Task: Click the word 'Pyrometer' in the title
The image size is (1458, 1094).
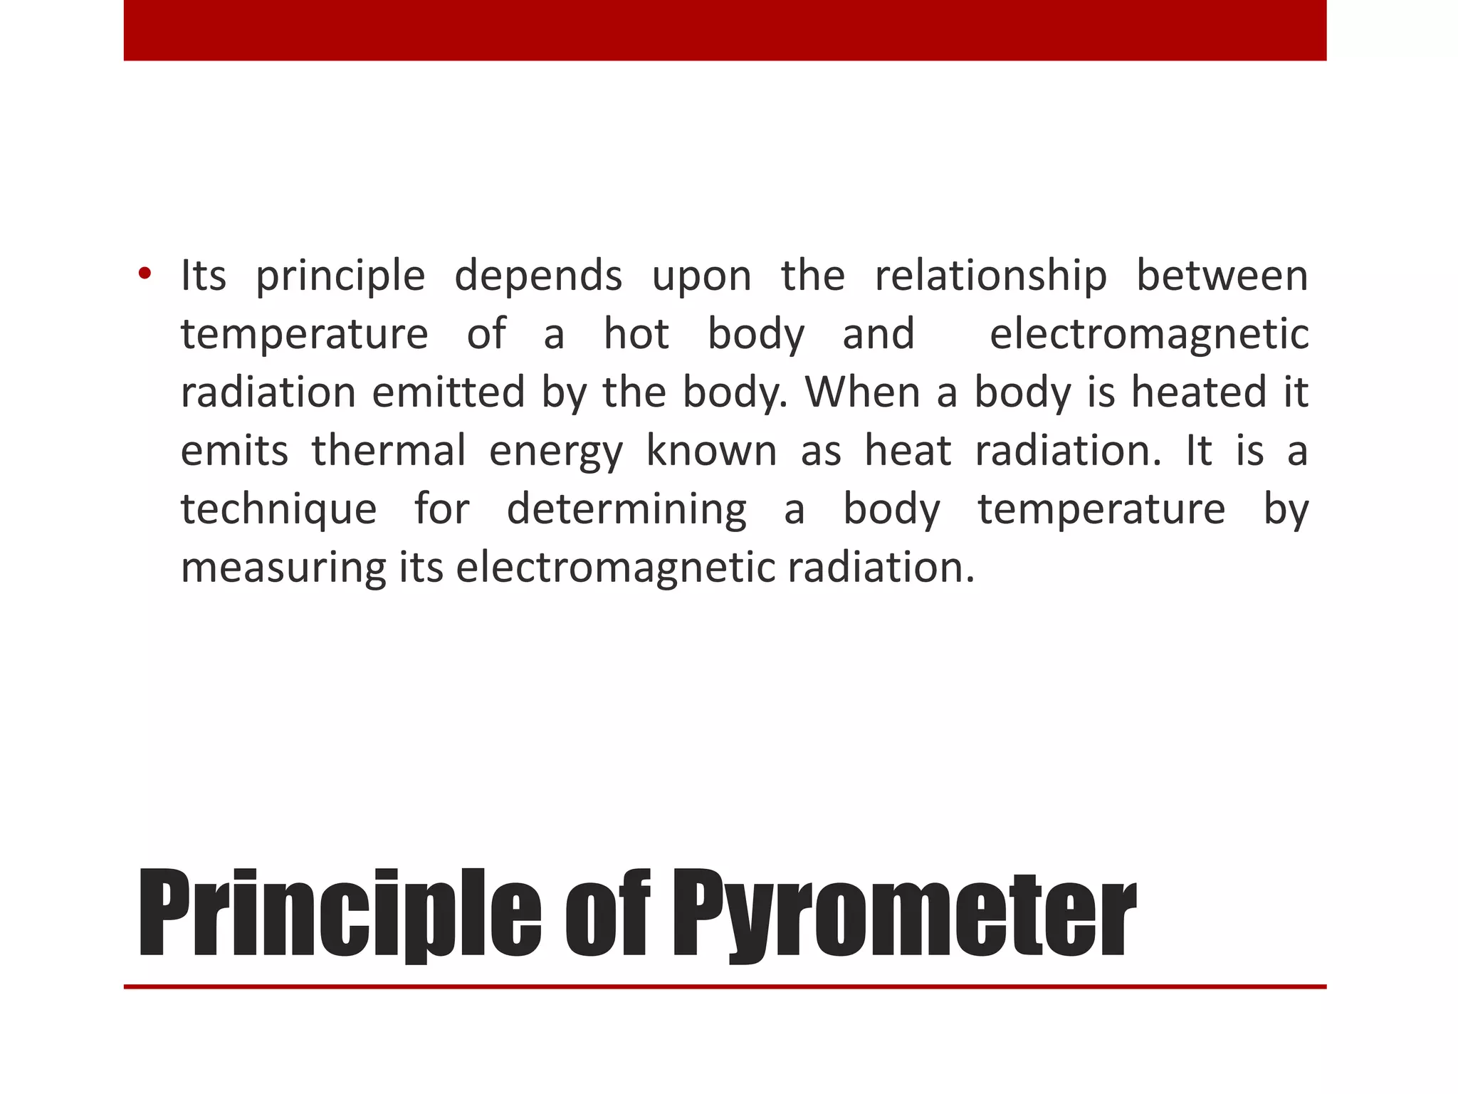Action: coord(904,914)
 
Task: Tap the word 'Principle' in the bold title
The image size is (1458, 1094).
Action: coord(339,914)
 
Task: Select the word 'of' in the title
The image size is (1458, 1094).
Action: coord(607,914)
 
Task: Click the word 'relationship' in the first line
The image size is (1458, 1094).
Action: coord(990,276)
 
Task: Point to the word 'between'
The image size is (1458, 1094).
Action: coord(1222,276)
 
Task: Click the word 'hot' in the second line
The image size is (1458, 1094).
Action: coord(636,334)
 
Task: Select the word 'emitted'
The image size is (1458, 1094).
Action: coord(449,392)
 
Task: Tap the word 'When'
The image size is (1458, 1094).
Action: coord(862,392)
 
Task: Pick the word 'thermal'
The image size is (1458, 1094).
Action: coord(389,451)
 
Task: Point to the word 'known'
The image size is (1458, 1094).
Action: coord(711,451)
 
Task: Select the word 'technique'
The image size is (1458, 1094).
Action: coord(278,511)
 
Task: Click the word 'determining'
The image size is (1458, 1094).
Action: coord(626,511)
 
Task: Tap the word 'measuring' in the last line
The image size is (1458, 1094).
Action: coord(283,569)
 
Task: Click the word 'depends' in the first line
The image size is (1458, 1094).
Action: coord(538,277)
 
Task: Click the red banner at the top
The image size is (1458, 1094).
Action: coord(725,30)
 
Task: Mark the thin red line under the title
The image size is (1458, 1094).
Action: coord(725,986)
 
